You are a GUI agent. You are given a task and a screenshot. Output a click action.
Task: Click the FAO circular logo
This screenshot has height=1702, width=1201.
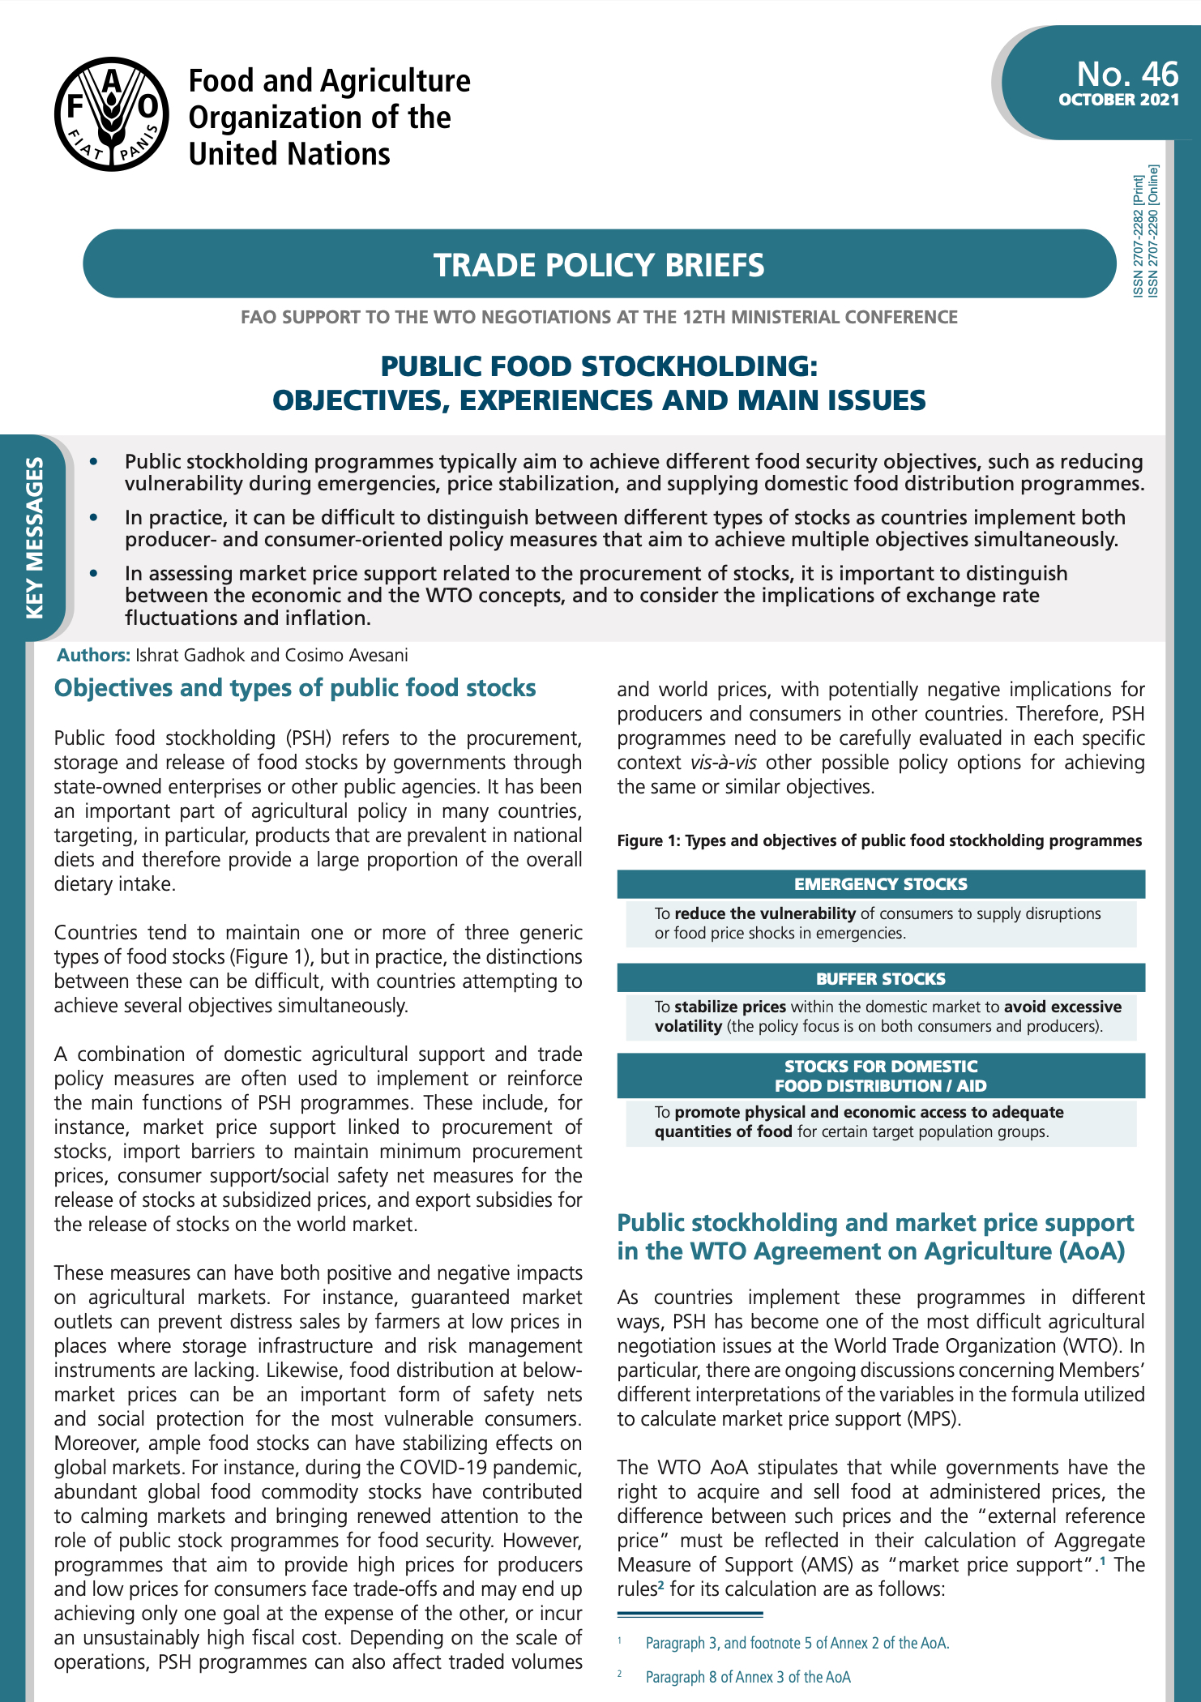click(112, 114)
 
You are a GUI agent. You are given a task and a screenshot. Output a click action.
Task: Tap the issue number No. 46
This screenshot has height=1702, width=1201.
click(1126, 75)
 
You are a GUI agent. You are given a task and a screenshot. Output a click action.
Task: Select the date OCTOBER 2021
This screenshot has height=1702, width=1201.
click(1118, 100)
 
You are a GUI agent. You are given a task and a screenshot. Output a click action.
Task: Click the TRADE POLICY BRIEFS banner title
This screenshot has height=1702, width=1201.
click(599, 265)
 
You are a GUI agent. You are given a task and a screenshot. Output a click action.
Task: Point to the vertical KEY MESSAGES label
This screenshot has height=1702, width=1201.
click(35, 537)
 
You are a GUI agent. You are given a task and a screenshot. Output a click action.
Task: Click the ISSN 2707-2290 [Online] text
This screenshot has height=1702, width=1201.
click(1153, 231)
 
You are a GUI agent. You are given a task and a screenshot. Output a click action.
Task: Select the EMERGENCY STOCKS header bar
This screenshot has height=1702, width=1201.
click(880, 884)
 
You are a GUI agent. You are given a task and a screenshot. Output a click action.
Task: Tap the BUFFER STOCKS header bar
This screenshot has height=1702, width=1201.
click(880, 978)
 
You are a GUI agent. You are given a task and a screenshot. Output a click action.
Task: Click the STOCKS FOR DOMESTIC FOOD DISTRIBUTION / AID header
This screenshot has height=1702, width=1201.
click(880, 1076)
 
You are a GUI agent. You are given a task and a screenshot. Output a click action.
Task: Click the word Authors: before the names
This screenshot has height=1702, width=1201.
click(93, 655)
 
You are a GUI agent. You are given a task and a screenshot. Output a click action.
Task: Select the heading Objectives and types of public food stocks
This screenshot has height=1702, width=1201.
click(295, 688)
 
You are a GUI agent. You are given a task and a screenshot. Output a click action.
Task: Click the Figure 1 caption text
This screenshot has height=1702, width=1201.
click(879, 840)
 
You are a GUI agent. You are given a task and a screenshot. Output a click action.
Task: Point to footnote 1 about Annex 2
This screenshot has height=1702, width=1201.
click(797, 1643)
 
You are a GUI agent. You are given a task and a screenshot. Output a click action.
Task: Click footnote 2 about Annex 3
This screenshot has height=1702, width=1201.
click(747, 1677)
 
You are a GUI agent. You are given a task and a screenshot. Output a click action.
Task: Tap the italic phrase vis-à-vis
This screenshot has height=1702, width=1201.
click(723, 763)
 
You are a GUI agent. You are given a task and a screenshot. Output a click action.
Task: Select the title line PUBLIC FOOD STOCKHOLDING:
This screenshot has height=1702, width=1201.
click(599, 366)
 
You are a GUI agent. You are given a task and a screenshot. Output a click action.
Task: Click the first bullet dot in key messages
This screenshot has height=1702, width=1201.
click(95, 461)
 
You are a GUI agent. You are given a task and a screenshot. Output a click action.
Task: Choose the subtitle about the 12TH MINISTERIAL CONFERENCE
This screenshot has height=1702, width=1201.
click(599, 317)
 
